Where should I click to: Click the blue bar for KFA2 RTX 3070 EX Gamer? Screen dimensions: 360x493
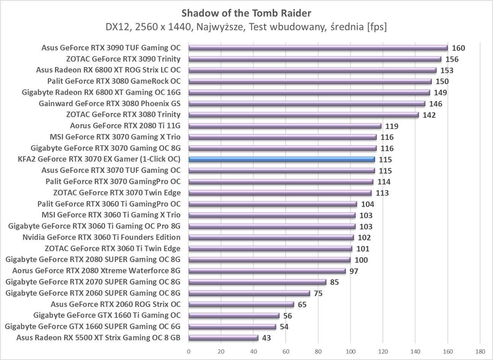coord(281,159)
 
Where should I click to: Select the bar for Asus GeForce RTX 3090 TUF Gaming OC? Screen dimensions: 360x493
coord(318,48)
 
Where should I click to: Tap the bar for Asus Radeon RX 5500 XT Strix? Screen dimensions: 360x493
coord(223,338)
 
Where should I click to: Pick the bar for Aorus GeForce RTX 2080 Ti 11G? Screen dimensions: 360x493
coord(285,126)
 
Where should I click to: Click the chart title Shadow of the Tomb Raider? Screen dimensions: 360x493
coord(246,13)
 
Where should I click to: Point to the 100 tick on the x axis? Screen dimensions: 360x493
coord(350,351)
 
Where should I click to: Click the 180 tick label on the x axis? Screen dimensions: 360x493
coord(480,351)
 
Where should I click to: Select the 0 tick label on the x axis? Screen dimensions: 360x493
coord(188,351)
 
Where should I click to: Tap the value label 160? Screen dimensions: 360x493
coord(458,48)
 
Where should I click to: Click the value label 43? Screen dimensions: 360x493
coord(266,338)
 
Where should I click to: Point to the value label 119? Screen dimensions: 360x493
coord(392,126)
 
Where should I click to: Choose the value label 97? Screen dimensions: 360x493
coord(354,271)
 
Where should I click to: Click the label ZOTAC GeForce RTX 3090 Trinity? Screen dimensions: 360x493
coord(123,59)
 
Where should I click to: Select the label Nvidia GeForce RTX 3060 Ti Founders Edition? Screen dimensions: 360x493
coord(101,237)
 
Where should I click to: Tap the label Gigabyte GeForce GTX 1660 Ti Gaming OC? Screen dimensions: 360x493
coord(107,315)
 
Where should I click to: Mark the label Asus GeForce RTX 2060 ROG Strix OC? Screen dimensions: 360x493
coord(116,304)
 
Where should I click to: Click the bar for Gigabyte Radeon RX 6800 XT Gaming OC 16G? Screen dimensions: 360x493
coord(309,93)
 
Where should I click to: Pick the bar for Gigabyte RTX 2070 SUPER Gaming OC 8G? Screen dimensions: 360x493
coord(257,282)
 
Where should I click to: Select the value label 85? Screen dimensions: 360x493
coord(334,282)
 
